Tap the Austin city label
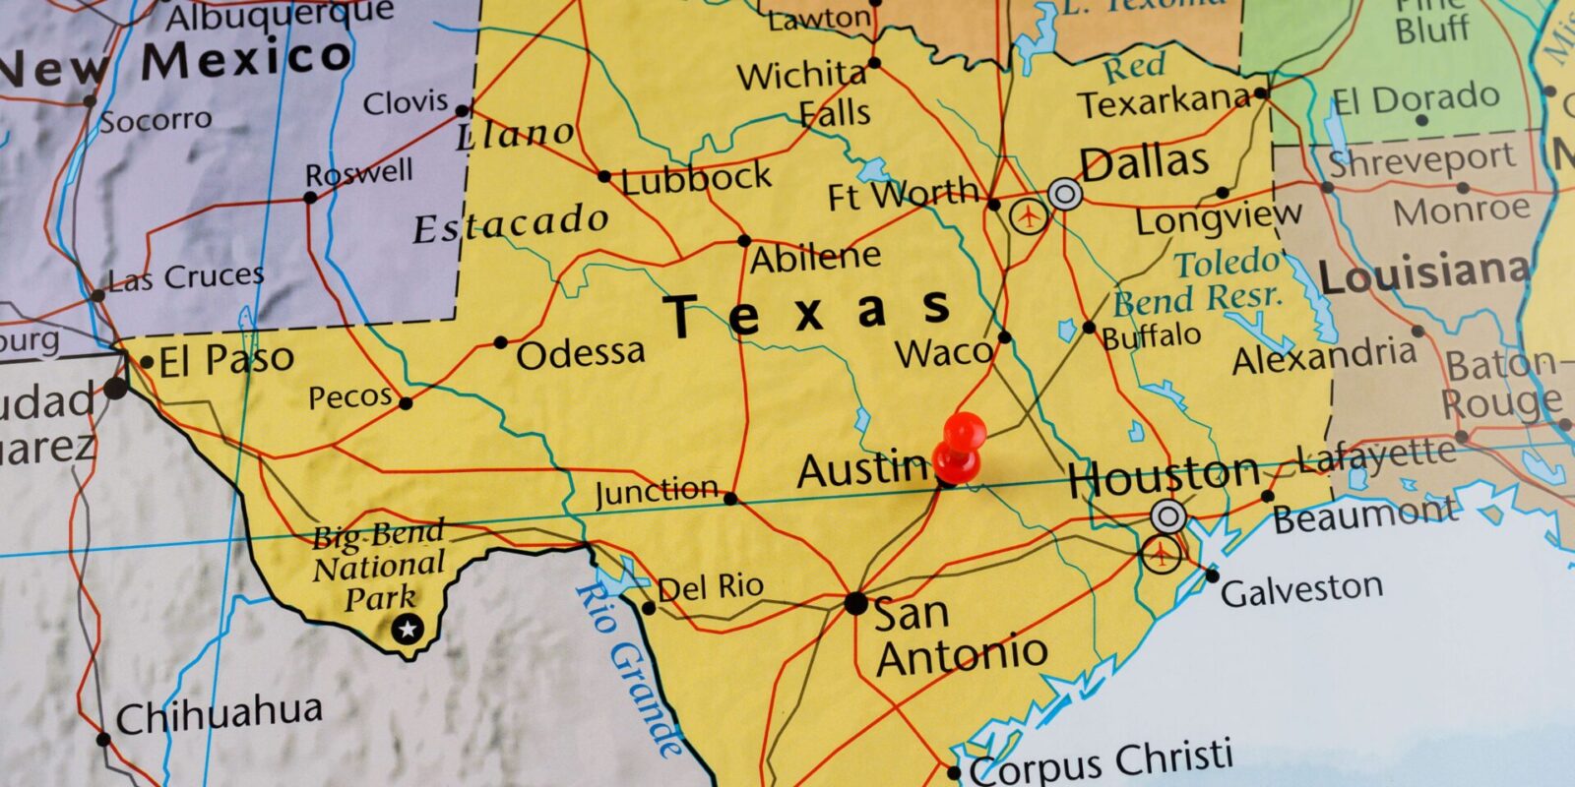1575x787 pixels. coord(862,470)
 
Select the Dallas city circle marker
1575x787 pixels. coord(1064,194)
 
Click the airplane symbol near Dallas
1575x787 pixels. coord(1030,215)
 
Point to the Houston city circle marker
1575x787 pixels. coord(1168,515)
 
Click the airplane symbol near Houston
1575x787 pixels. coord(1161,554)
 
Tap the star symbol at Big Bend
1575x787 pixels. coord(407,628)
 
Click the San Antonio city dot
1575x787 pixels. coord(855,603)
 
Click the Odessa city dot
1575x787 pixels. coord(500,342)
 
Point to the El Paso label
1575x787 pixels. coord(226,361)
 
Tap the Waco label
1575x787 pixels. coord(943,352)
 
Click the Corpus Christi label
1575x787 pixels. coord(1101,762)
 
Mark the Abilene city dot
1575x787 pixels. coord(744,241)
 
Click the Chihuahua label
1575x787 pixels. coord(219,713)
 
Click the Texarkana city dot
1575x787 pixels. coord(1261,93)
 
